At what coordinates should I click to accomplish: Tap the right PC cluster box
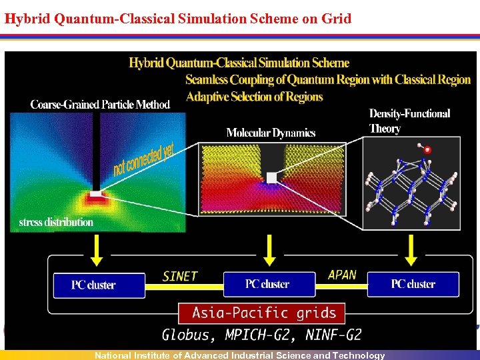413,284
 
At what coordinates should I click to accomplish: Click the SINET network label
180,276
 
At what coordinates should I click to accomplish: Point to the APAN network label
342,275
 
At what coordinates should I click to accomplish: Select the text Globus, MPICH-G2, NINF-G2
261,334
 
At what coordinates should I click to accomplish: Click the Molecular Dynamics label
271,133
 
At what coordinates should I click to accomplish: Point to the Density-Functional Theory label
409,121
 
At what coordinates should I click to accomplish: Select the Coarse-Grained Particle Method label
100,105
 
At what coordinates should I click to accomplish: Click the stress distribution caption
56,222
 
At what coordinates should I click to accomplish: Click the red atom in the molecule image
427,150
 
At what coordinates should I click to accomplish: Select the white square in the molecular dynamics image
271,177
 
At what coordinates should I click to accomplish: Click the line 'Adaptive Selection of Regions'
254,97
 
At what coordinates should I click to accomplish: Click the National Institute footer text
240,355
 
